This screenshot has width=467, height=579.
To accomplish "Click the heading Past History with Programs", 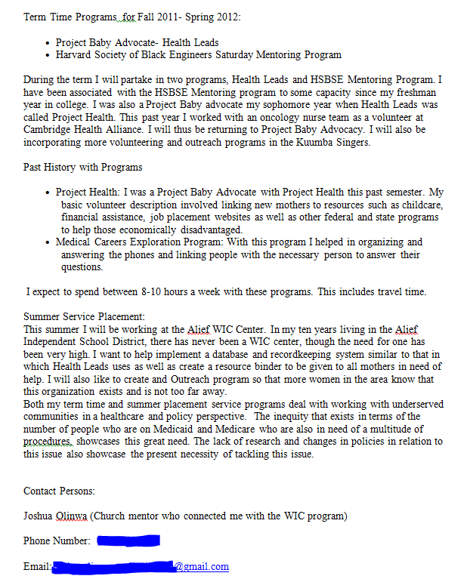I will [x=82, y=167].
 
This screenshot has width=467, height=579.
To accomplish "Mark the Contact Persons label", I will [x=59, y=491].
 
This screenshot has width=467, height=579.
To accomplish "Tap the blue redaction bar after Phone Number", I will [x=128, y=541].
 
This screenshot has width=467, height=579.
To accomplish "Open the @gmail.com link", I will [x=202, y=566].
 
